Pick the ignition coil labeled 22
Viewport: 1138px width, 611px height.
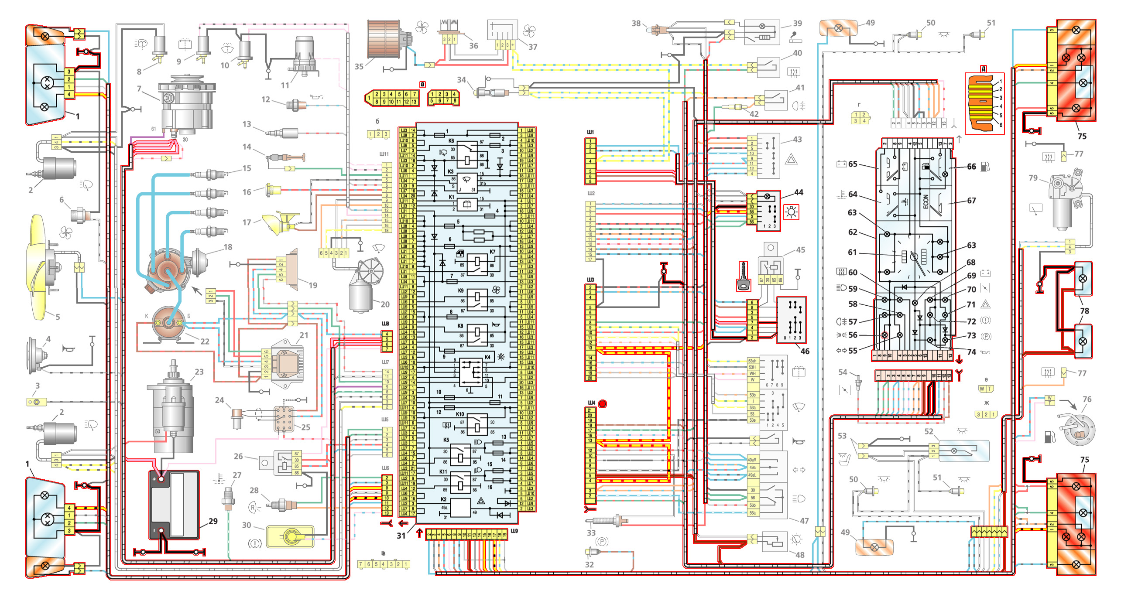[x=168, y=323]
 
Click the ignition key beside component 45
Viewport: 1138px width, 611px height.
[x=743, y=276]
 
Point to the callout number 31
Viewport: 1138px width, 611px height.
[x=401, y=536]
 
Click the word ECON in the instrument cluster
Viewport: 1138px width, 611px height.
[x=925, y=201]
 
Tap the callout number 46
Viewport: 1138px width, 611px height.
[x=805, y=352]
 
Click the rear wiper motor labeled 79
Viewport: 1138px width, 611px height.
[x=1065, y=199]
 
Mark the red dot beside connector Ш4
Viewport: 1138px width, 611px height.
[x=602, y=403]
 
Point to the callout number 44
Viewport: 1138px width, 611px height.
[x=799, y=192]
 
